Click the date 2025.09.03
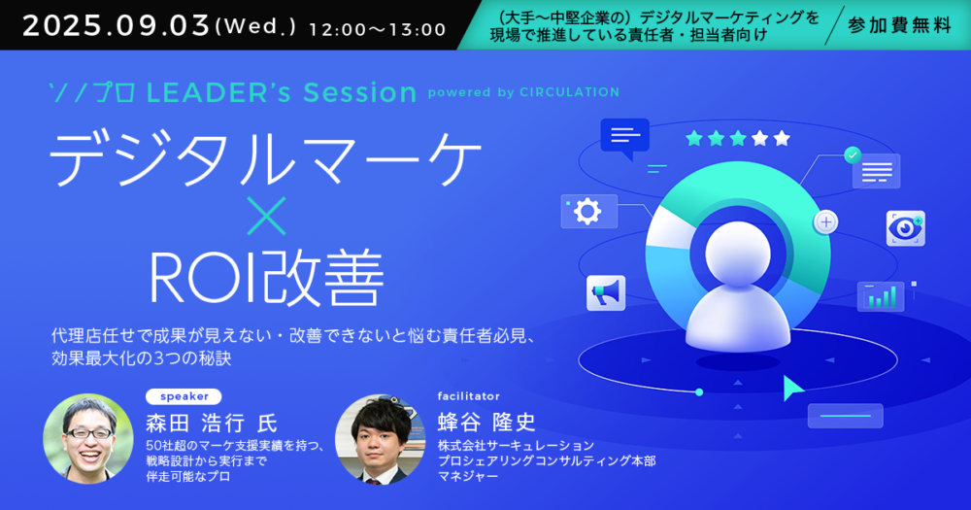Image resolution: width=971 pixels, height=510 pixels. [x=116, y=26]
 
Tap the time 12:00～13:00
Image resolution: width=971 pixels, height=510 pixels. [x=377, y=30]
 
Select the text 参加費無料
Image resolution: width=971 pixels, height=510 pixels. [x=899, y=25]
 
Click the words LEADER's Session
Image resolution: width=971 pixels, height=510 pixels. [x=282, y=93]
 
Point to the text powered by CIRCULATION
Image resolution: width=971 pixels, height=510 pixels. [x=523, y=92]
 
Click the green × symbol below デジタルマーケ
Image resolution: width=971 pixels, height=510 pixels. [x=266, y=217]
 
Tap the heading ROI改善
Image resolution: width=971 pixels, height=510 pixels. [x=266, y=277]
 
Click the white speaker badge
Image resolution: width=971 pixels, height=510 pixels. [x=184, y=396]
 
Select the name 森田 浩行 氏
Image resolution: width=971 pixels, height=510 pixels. [x=212, y=424]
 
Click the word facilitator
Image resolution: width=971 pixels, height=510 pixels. [x=469, y=396]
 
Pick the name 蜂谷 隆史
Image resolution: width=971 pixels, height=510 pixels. [x=486, y=423]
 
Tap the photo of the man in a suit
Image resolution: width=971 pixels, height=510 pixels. [x=381, y=439]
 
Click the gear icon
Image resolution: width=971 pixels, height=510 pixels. [x=587, y=212]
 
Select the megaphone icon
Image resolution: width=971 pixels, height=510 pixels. [x=606, y=292]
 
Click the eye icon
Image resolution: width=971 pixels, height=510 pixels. [x=905, y=228]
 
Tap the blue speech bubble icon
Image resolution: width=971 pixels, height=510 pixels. [x=624, y=139]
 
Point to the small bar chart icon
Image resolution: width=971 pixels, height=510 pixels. [x=881, y=296]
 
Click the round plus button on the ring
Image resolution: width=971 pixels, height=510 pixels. [x=825, y=221]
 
